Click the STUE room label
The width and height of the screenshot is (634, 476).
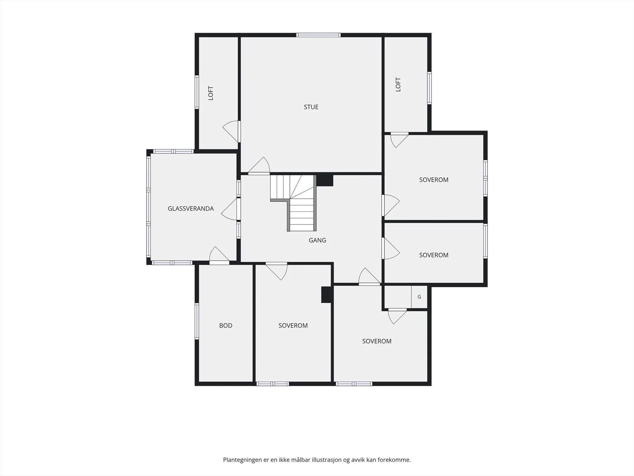(311, 107)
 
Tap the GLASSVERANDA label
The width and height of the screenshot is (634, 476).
(191, 208)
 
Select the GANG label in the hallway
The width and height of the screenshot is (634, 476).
(317, 240)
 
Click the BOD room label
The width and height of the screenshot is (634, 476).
(225, 325)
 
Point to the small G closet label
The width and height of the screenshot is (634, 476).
(419, 297)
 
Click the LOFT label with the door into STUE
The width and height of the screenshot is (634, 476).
(211, 93)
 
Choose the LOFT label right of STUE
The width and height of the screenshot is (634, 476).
(398, 84)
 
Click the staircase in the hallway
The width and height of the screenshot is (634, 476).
(294, 203)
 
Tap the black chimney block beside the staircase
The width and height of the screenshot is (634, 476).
(325, 180)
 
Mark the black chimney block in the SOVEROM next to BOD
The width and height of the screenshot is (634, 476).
(327, 294)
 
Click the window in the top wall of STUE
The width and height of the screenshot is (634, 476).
(318, 35)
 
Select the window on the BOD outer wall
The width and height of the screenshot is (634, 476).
(197, 321)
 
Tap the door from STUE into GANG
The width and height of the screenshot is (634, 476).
(259, 166)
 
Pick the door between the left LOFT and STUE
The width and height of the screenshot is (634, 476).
(232, 132)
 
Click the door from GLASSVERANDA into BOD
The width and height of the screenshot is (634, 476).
(219, 255)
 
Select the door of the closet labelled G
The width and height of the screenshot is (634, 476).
(397, 316)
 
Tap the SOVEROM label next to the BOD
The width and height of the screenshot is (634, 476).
(293, 325)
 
